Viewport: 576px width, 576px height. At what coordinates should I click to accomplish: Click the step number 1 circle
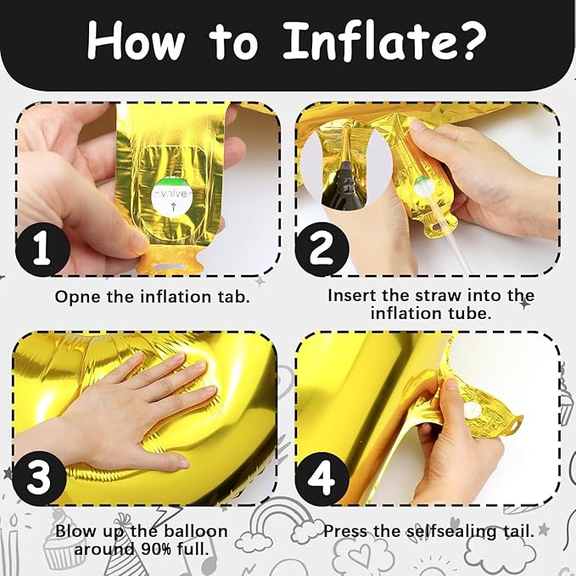[x=42, y=249]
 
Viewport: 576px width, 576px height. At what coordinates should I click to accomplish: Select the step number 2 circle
[x=322, y=249]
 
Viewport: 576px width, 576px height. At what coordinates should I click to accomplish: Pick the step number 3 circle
[x=40, y=478]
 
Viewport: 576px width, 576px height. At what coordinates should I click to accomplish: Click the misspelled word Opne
[x=77, y=297]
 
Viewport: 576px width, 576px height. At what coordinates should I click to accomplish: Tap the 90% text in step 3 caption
[x=157, y=549]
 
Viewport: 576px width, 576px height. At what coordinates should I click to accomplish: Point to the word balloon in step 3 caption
[x=195, y=531]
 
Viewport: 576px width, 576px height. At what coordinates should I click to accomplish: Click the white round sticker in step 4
[x=472, y=410]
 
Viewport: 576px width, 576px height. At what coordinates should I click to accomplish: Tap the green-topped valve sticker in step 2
[x=423, y=186]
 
